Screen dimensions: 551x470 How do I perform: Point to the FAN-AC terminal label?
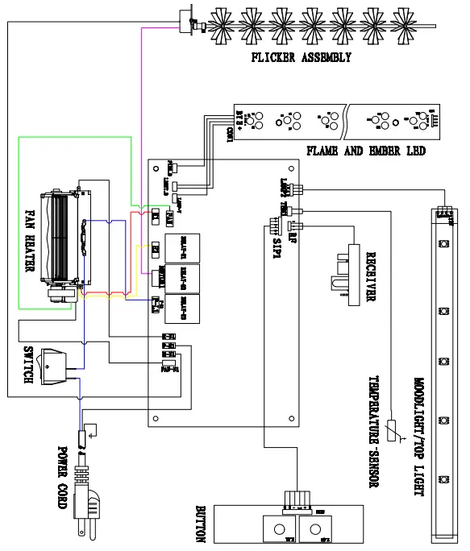(169, 371)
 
